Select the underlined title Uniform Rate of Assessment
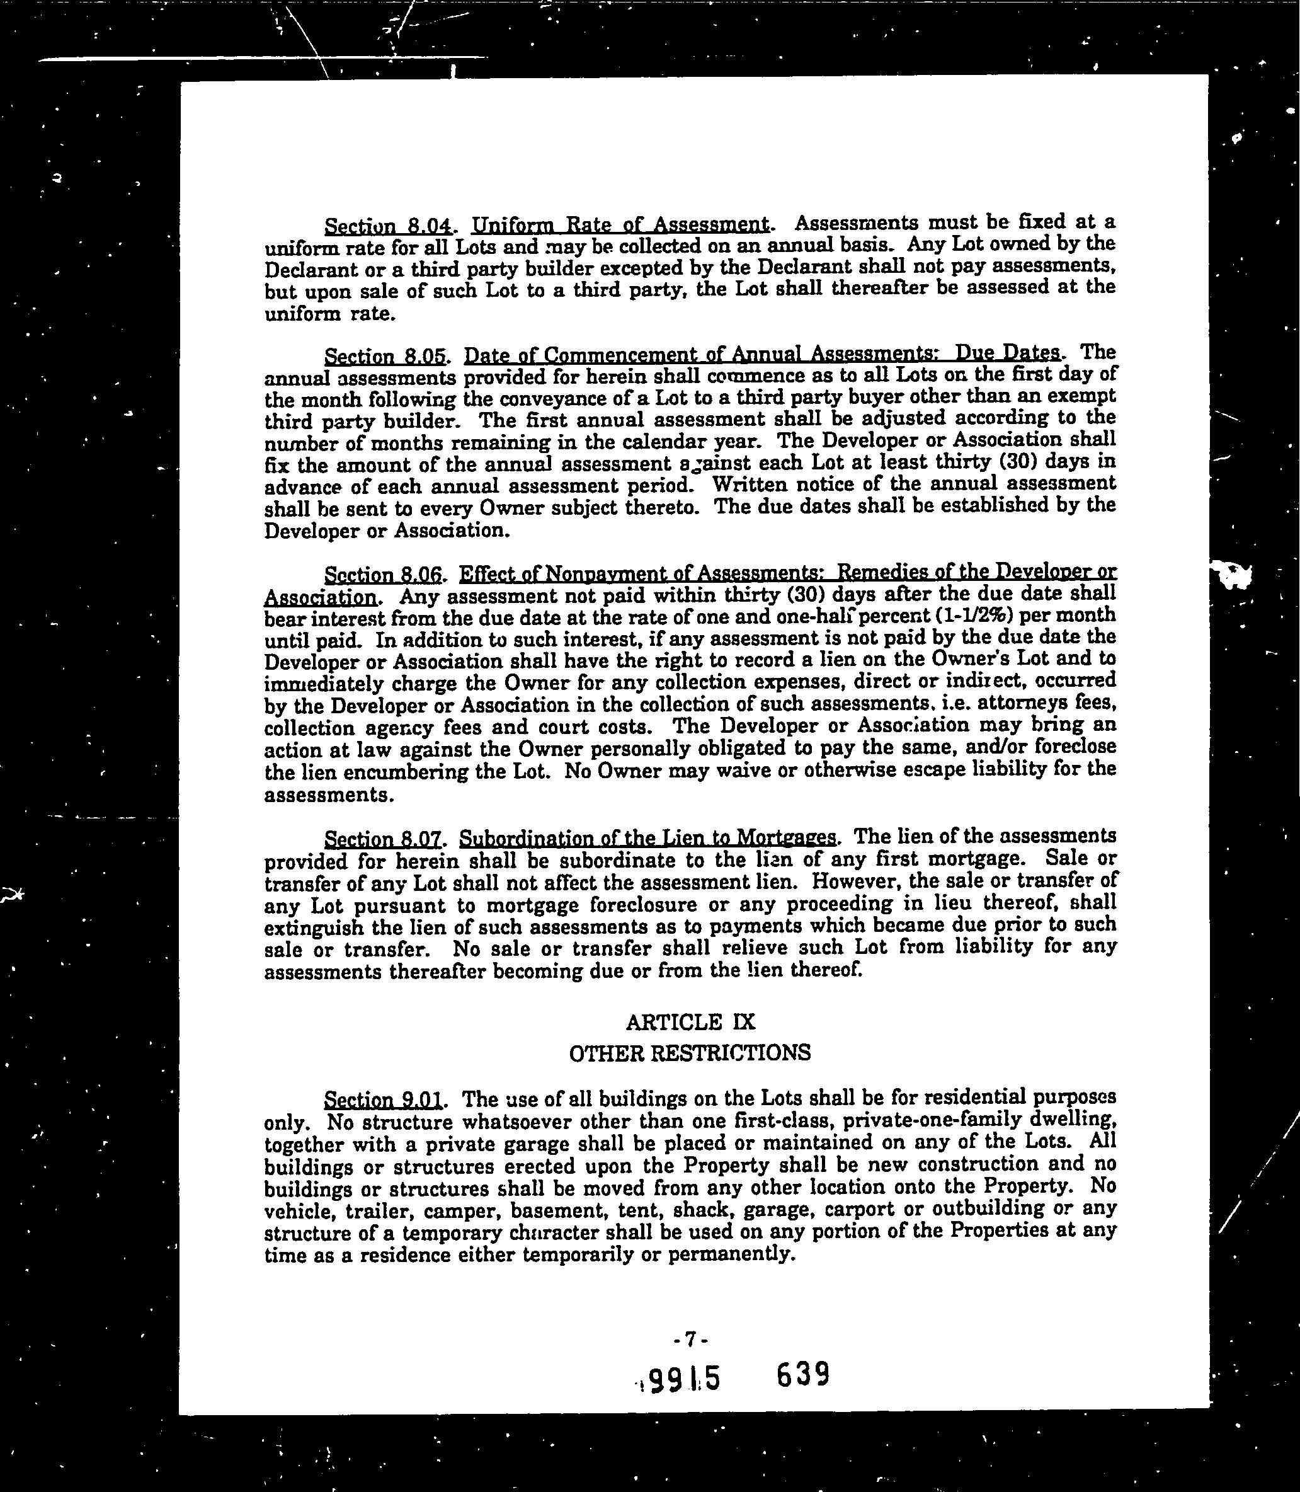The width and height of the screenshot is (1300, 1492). [620, 224]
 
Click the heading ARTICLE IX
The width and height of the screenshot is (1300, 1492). [690, 1023]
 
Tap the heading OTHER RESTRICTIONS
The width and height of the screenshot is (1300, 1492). [690, 1053]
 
